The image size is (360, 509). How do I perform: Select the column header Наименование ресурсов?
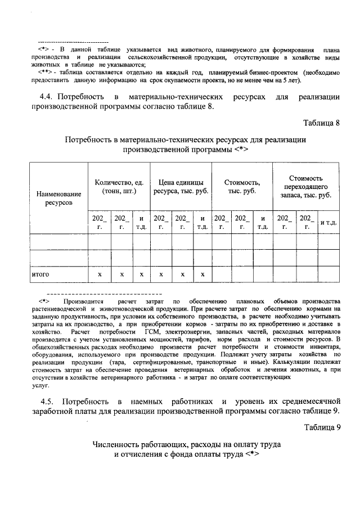[58, 197]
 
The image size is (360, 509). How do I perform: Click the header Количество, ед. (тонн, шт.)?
[120, 186]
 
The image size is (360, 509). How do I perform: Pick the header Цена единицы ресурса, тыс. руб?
[181, 186]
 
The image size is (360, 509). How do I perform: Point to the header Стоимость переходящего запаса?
[306, 186]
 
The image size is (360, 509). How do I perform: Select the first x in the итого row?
[100, 274]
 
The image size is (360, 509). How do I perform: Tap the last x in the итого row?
[202, 274]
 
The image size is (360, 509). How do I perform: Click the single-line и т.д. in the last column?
[328, 223]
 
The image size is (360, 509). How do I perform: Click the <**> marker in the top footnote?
[46, 73]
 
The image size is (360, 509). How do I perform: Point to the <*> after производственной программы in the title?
[240, 150]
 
